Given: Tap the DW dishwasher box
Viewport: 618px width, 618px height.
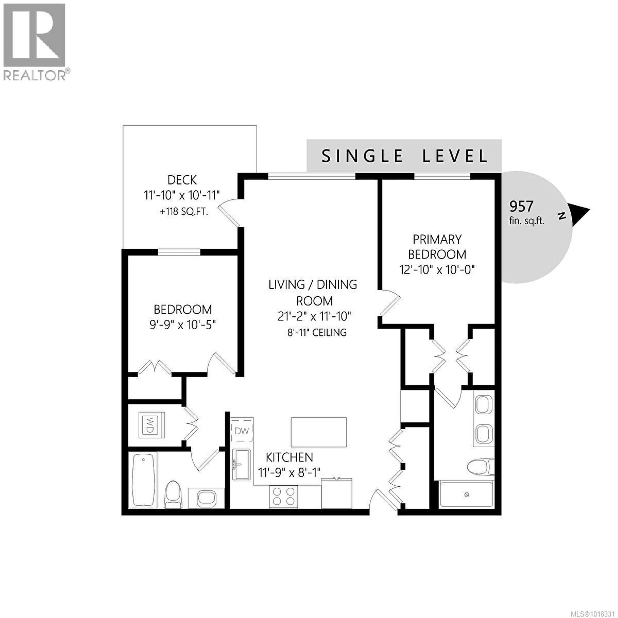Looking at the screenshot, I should pyautogui.click(x=242, y=431).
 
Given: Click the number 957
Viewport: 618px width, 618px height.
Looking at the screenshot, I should pyautogui.click(x=521, y=207).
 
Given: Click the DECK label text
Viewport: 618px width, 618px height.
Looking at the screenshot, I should pyautogui.click(x=182, y=180).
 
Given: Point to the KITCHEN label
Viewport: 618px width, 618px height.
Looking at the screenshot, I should pyautogui.click(x=289, y=457).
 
